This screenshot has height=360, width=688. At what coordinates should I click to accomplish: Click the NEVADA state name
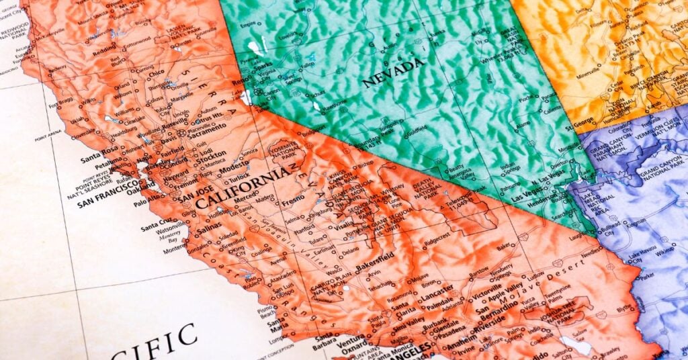tap(394, 73)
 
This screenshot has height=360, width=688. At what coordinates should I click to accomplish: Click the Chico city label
tap(156, 73)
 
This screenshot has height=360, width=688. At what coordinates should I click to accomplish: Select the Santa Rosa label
tap(96, 159)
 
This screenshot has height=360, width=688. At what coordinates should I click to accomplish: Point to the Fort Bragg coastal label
tap(58, 101)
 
